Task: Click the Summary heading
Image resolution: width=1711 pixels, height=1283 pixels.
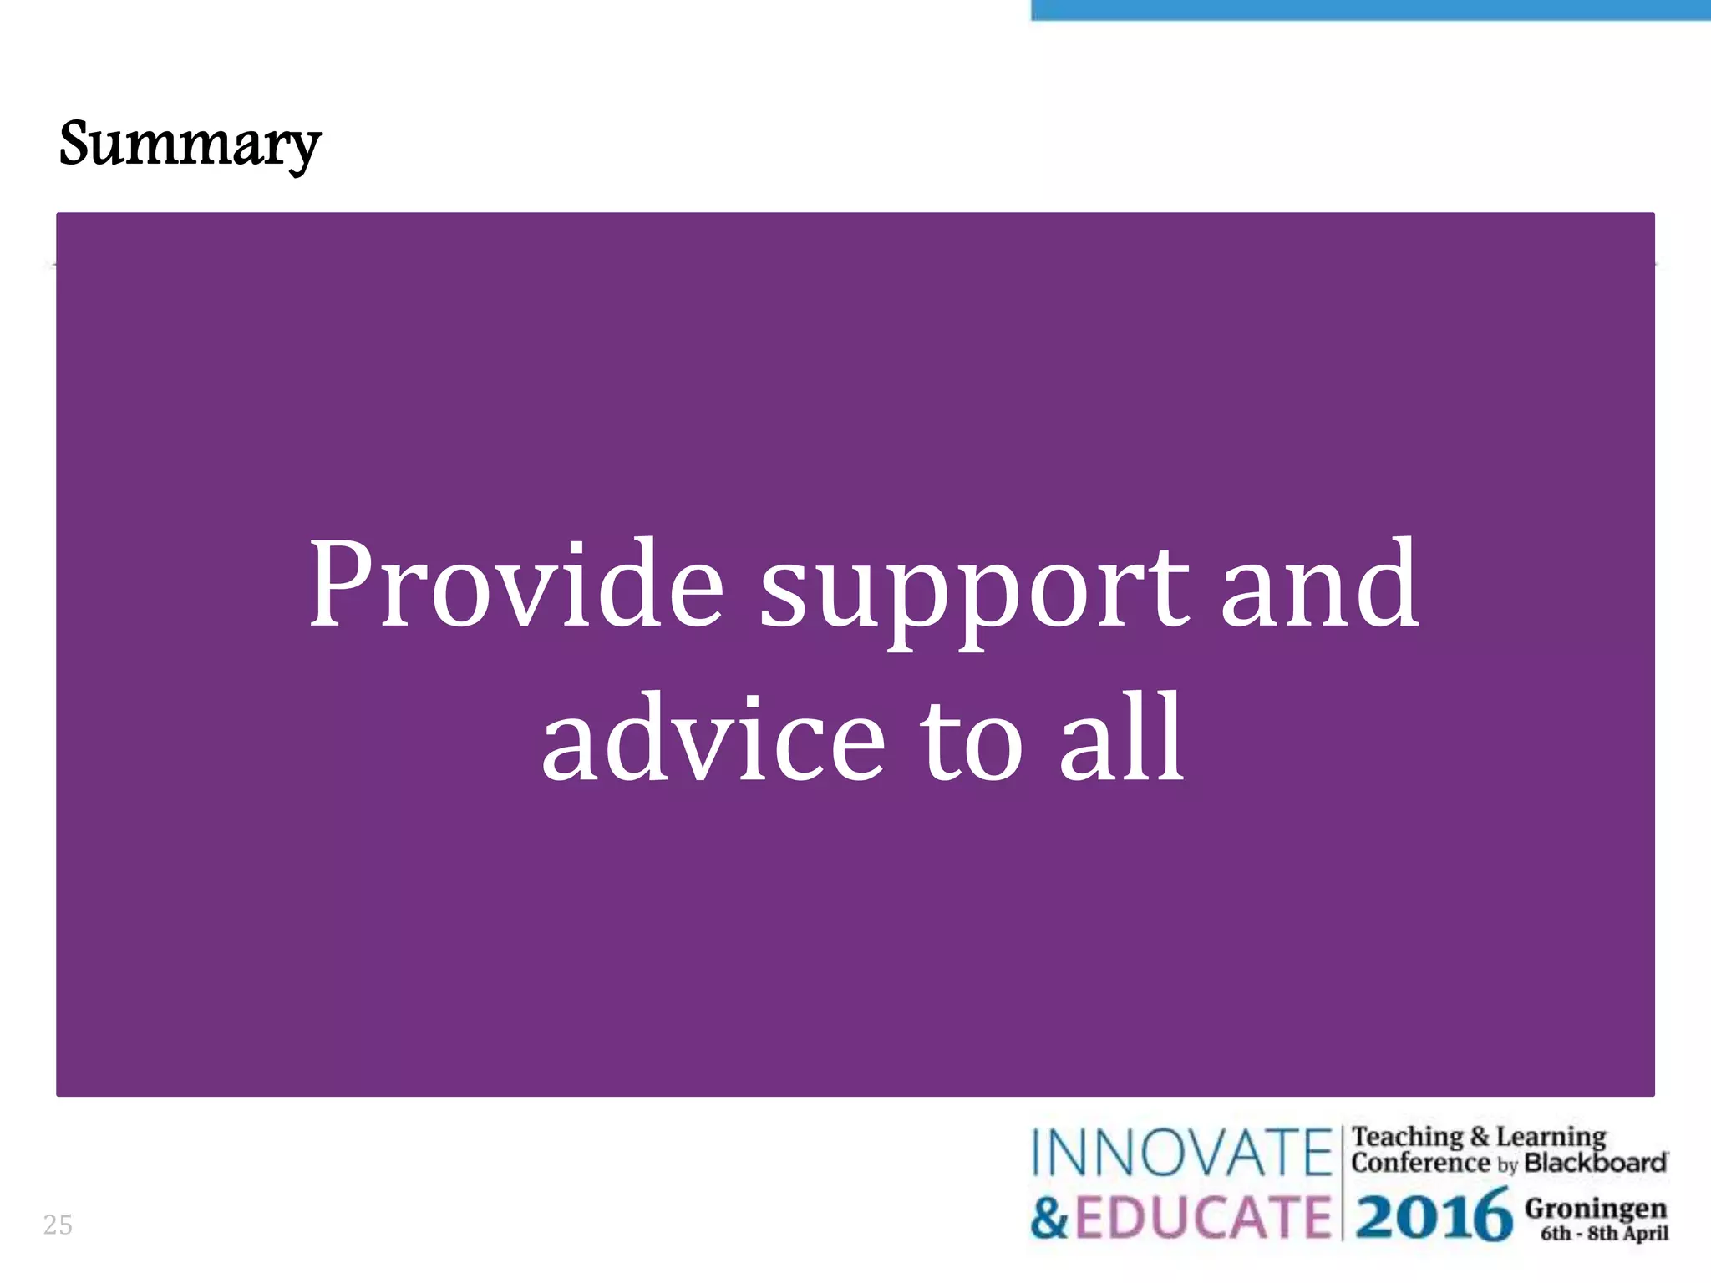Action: (x=190, y=145)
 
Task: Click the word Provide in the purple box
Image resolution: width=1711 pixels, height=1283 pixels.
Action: (x=516, y=585)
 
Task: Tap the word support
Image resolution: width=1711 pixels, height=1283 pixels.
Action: (x=973, y=589)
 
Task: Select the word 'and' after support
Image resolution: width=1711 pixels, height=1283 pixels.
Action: (x=1319, y=585)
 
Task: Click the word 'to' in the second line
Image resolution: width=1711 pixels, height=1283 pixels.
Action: (x=972, y=739)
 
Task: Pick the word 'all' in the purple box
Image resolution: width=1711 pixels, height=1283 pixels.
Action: (x=1121, y=739)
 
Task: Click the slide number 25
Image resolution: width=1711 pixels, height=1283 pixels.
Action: (x=58, y=1225)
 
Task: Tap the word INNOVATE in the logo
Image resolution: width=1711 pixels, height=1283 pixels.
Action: (x=1180, y=1153)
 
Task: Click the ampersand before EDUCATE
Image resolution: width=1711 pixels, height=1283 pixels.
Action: (x=1049, y=1217)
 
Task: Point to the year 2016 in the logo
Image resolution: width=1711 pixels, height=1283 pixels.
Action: (x=1434, y=1217)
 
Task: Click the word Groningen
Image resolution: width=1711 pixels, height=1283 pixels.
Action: (x=1595, y=1208)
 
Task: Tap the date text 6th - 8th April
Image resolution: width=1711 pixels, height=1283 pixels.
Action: (x=1604, y=1234)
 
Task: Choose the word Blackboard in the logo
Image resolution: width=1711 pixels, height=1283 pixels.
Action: (x=1595, y=1163)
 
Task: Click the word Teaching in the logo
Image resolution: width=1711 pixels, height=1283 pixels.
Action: (x=1408, y=1137)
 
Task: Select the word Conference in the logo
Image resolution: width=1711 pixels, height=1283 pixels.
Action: (x=1420, y=1163)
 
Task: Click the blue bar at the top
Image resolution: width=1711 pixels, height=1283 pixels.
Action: (x=1370, y=9)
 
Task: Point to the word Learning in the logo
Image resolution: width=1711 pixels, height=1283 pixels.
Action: (x=1551, y=1137)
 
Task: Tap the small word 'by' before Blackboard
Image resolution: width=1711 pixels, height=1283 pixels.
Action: (x=1507, y=1165)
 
